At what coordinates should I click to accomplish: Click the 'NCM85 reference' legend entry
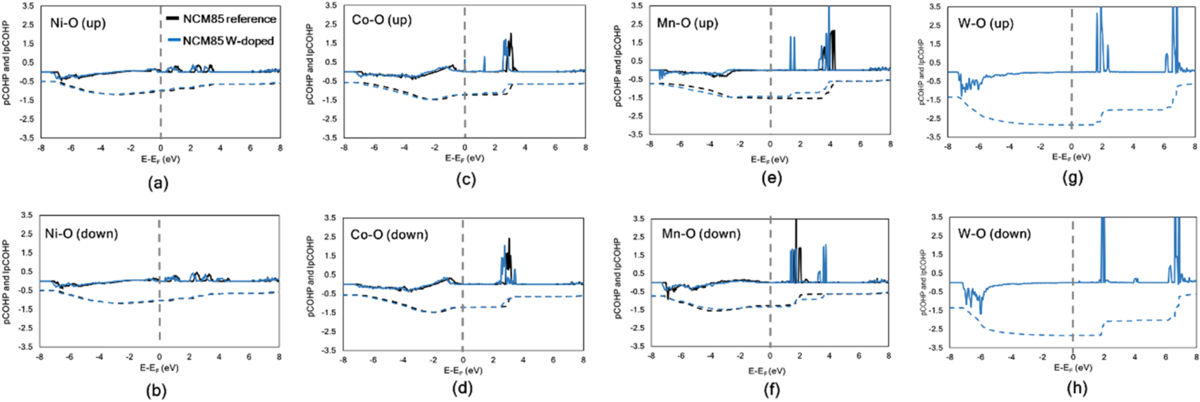coord(230,19)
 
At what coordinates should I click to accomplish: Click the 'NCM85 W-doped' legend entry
coord(228,41)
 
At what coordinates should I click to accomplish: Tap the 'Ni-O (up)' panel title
coord(78,24)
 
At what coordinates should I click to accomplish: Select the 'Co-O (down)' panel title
coord(389,235)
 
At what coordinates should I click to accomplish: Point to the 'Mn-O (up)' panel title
coord(687,24)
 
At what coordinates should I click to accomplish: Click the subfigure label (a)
coord(158,184)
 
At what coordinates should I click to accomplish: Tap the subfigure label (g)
coord(1072,178)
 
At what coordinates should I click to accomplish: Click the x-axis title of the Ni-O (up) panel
coord(160,159)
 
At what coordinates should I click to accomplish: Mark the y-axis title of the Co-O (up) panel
coord(311,65)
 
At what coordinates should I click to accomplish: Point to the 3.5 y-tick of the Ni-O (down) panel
coord(27,215)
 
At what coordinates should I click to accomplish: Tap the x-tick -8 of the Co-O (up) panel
coord(344,148)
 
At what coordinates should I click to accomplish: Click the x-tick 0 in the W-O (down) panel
coord(1072,358)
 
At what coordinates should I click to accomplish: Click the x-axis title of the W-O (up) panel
coord(1071,157)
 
